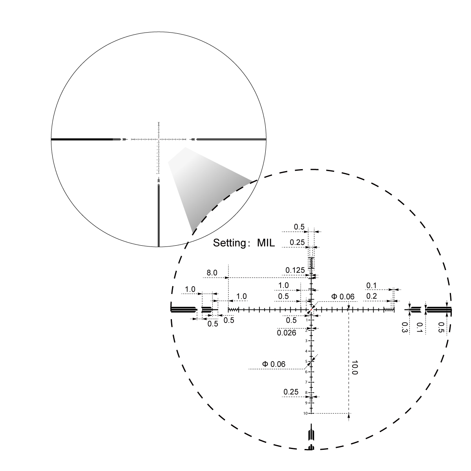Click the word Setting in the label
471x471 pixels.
point(229,243)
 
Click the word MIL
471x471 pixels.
point(266,243)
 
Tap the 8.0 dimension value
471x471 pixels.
point(212,273)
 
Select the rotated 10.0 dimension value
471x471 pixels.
point(354,367)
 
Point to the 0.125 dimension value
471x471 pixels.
point(295,270)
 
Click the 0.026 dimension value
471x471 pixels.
point(287,333)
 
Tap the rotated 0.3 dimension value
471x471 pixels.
point(405,327)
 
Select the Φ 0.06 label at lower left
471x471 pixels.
point(274,364)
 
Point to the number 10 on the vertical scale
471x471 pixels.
point(305,413)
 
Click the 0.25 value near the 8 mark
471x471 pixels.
point(291,392)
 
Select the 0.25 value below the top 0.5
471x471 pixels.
point(298,242)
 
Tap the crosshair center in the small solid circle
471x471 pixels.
point(159,139)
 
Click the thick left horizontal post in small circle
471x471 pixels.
point(82,139)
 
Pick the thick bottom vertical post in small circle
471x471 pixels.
point(159,216)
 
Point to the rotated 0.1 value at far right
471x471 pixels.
point(420,327)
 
